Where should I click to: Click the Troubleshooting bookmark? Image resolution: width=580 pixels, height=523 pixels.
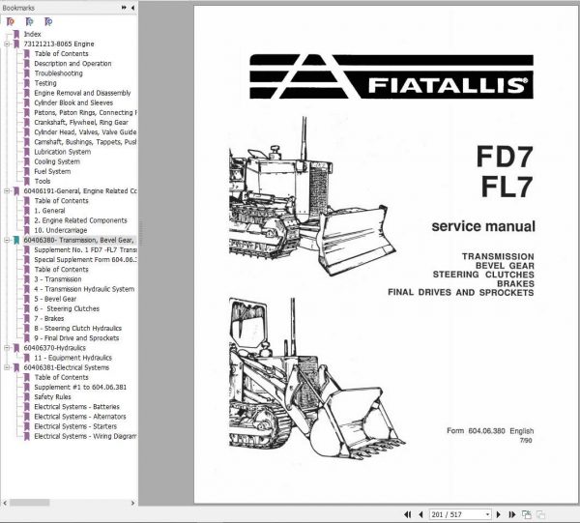(58, 73)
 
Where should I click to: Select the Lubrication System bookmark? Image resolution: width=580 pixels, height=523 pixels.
(62, 152)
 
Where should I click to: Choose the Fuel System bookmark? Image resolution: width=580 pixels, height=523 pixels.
(52, 171)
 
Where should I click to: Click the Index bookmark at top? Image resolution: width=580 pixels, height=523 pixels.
(32, 34)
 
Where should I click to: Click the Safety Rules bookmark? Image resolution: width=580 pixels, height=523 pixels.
(53, 396)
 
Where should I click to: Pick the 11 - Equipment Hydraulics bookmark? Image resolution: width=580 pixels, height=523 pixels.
(72, 358)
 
